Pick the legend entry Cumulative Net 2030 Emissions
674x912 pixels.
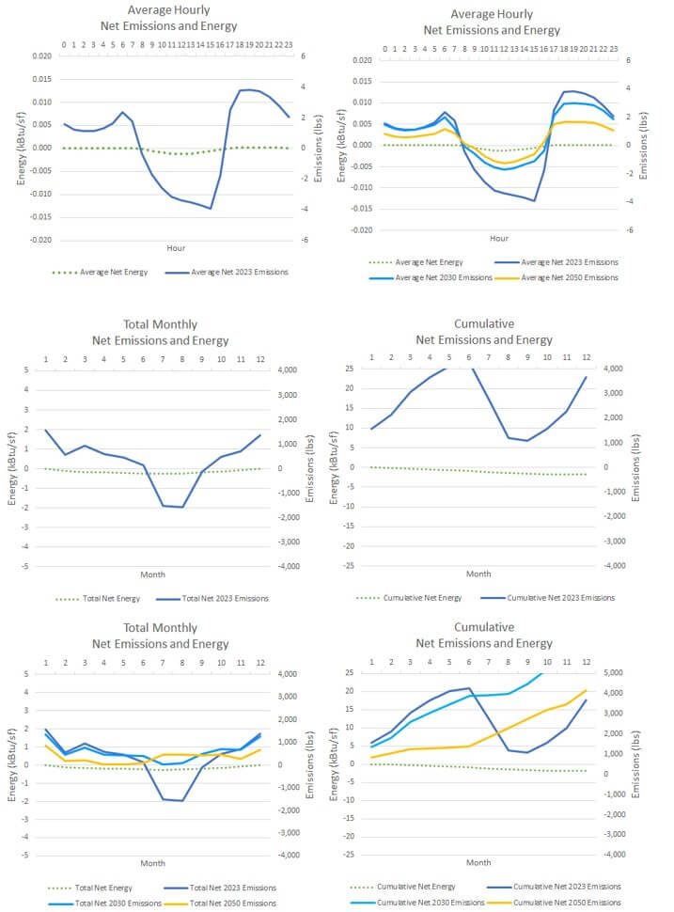(x=428, y=902)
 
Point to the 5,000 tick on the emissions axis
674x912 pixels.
(x=617, y=673)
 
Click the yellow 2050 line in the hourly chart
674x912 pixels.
(x=508, y=163)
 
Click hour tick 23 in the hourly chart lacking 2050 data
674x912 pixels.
(x=289, y=44)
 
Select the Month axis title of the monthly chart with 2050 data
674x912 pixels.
(x=153, y=862)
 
